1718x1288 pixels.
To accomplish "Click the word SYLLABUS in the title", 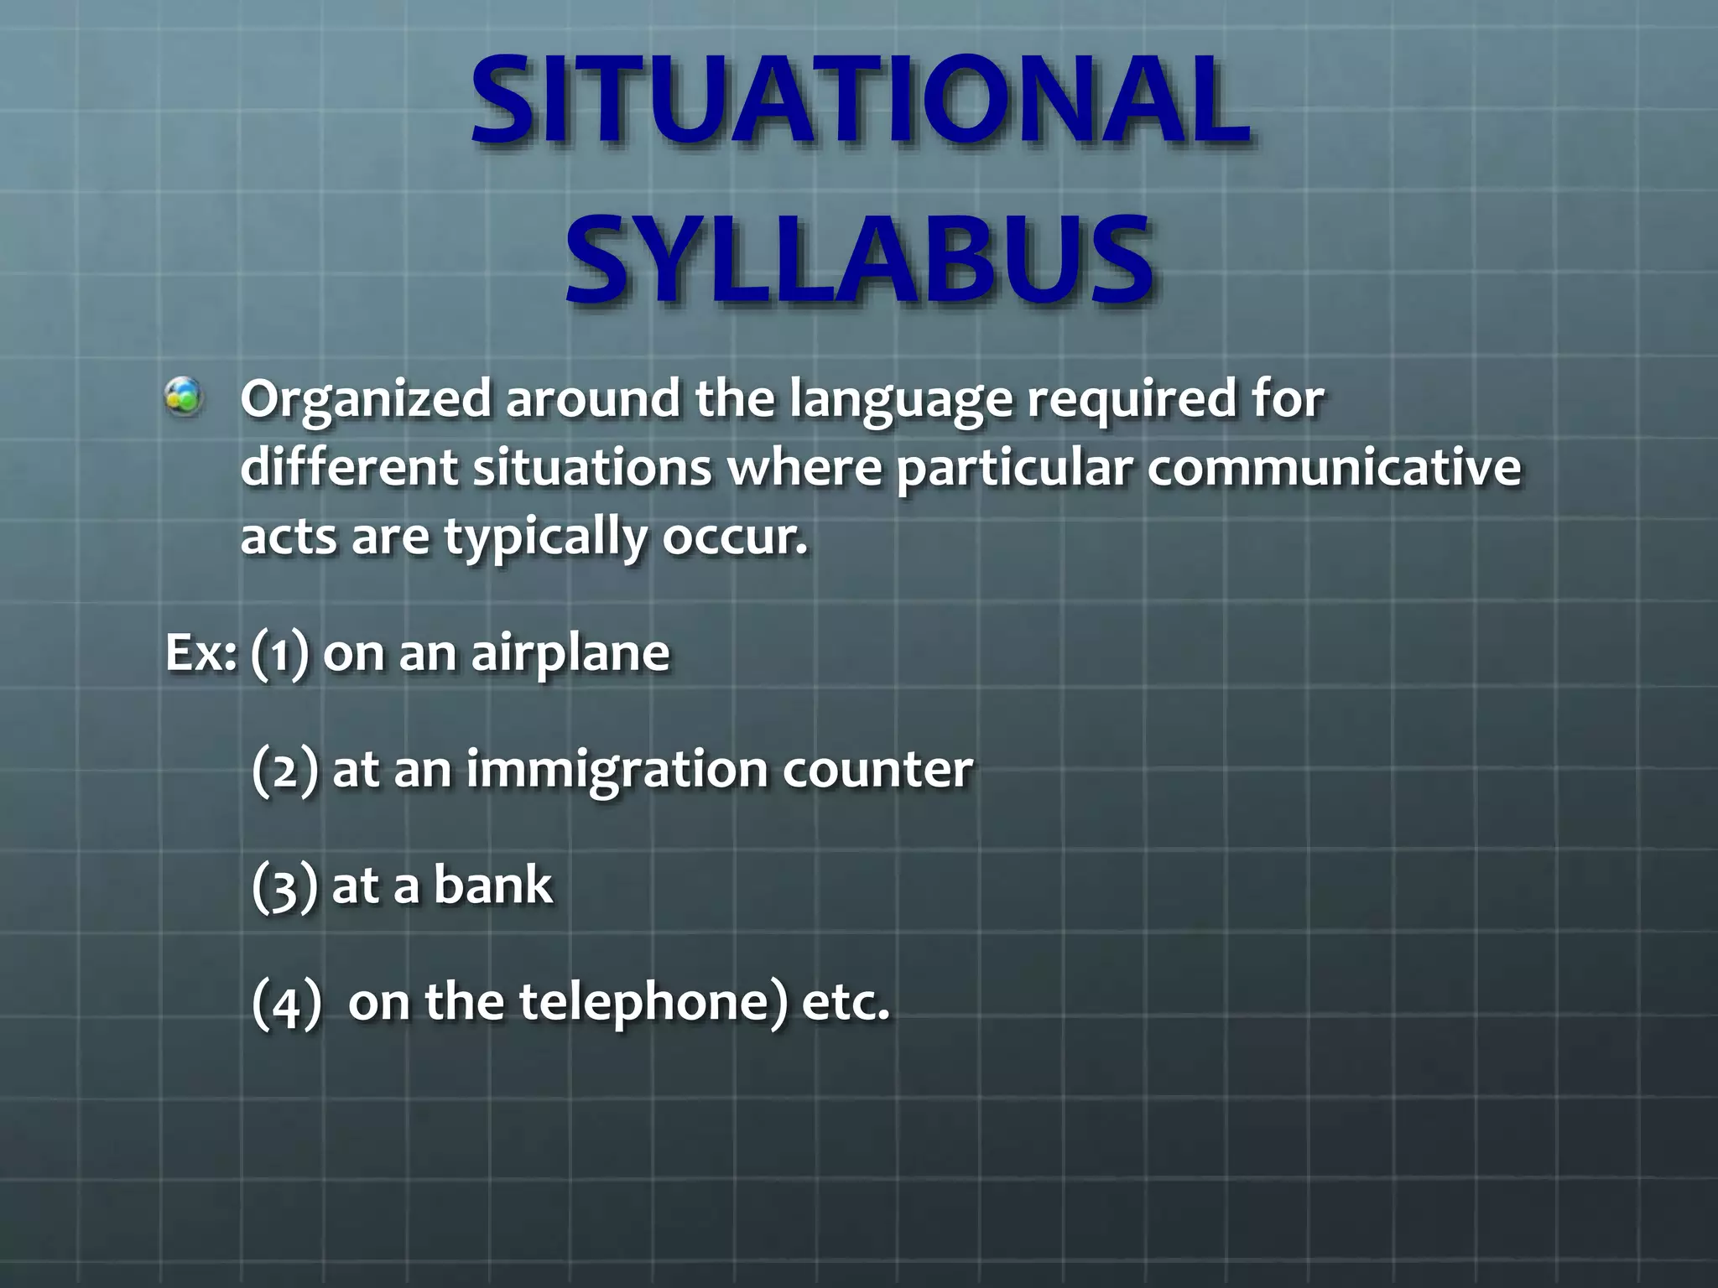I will pos(859,260).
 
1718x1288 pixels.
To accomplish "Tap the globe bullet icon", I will pos(183,397).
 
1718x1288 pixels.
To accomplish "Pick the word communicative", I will pos(1334,467).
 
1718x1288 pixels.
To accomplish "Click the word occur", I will pos(735,537).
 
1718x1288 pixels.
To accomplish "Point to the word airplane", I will pos(570,654).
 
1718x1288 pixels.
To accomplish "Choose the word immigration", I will pos(617,770).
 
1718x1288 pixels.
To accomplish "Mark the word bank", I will pos(493,885).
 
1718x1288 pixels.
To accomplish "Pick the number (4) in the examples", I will pos(286,1003).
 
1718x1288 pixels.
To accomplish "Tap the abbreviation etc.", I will pos(845,1003).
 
